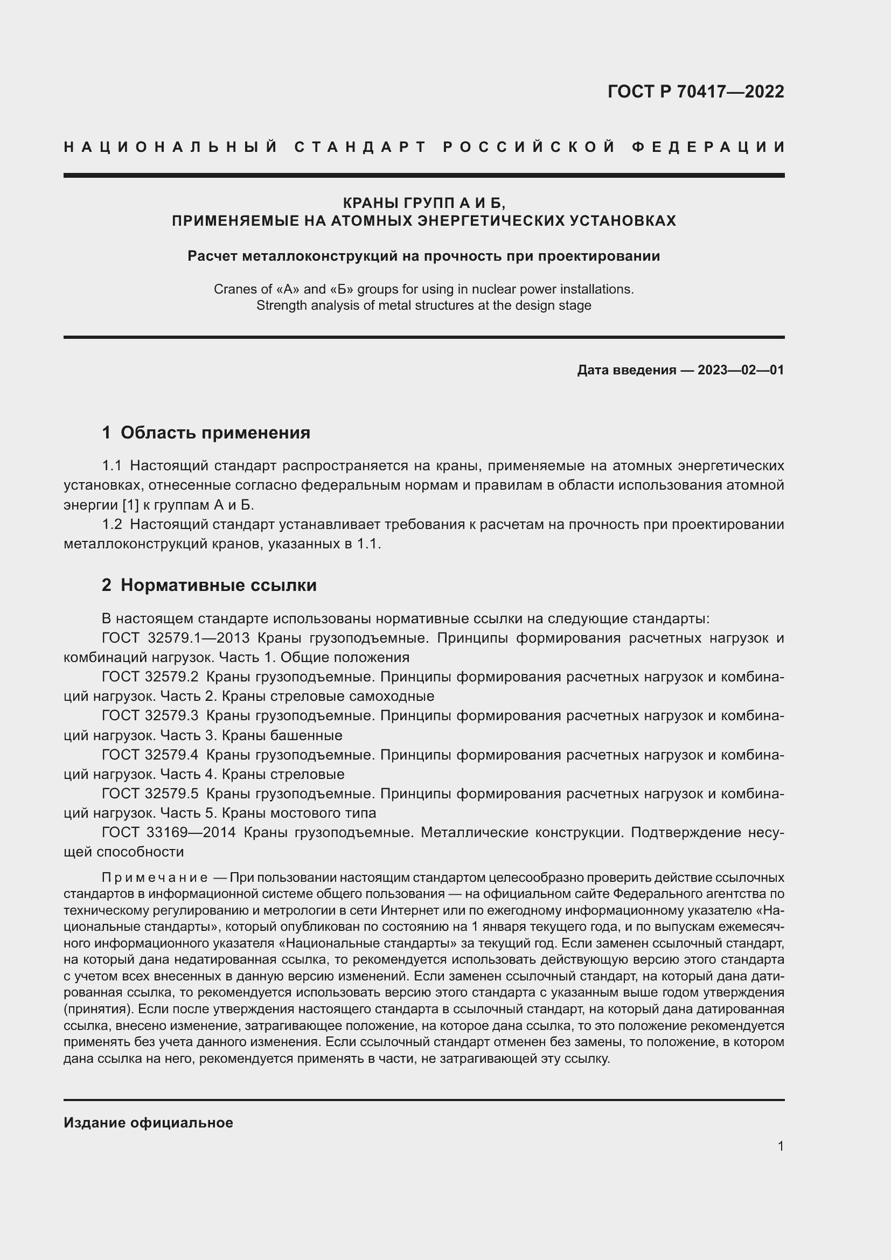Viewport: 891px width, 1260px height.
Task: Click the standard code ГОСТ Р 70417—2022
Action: click(695, 91)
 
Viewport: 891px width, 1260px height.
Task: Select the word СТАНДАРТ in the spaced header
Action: click(360, 147)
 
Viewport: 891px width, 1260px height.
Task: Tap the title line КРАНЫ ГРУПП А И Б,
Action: click(423, 203)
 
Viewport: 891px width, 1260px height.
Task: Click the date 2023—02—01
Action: click(741, 370)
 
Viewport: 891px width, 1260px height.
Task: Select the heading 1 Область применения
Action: click(206, 433)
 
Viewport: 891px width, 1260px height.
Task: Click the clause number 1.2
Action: click(112, 525)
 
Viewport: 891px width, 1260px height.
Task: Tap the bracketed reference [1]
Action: click(130, 505)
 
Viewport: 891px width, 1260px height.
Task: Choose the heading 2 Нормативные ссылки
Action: click(209, 585)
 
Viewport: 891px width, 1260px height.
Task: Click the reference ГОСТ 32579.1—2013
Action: click(176, 638)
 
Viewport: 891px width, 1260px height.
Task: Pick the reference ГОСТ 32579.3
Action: click(150, 715)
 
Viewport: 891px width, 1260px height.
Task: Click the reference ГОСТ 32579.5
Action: click(150, 793)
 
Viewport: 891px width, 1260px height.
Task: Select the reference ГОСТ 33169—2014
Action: click(169, 832)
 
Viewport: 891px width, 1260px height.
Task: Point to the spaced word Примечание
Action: click(155, 878)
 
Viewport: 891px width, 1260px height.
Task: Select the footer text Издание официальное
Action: click(148, 1123)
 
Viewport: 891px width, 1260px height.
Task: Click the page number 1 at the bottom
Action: click(780, 1146)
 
